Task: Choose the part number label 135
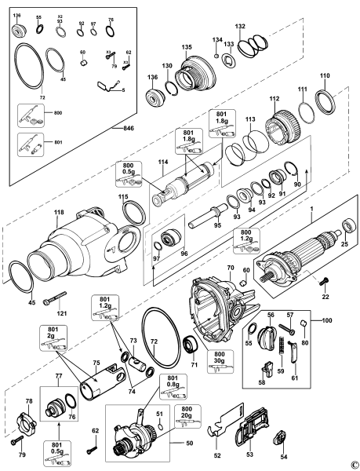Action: click(x=187, y=47)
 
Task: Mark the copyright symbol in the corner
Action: click(x=354, y=465)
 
